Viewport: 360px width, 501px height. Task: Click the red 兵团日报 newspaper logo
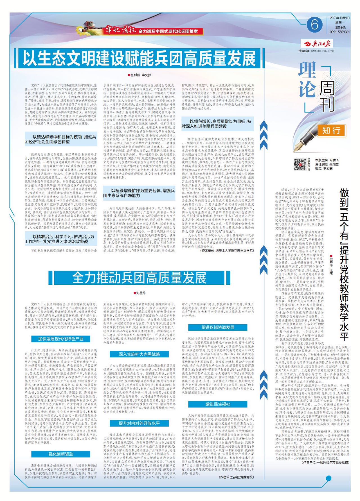pos(318,43)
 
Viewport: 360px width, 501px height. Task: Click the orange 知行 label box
pos(331,130)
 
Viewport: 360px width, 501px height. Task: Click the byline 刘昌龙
pos(140,293)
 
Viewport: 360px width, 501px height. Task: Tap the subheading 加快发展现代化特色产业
pos(60,339)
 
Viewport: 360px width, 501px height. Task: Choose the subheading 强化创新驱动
pos(60,454)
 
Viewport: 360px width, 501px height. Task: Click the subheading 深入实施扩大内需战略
pos(139,354)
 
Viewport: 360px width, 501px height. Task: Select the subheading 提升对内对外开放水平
pos(139,423)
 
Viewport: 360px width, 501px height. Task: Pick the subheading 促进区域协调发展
pos(218,327)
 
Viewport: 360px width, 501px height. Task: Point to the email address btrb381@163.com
pos(323,51)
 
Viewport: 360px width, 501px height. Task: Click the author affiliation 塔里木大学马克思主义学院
pos(229,250)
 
